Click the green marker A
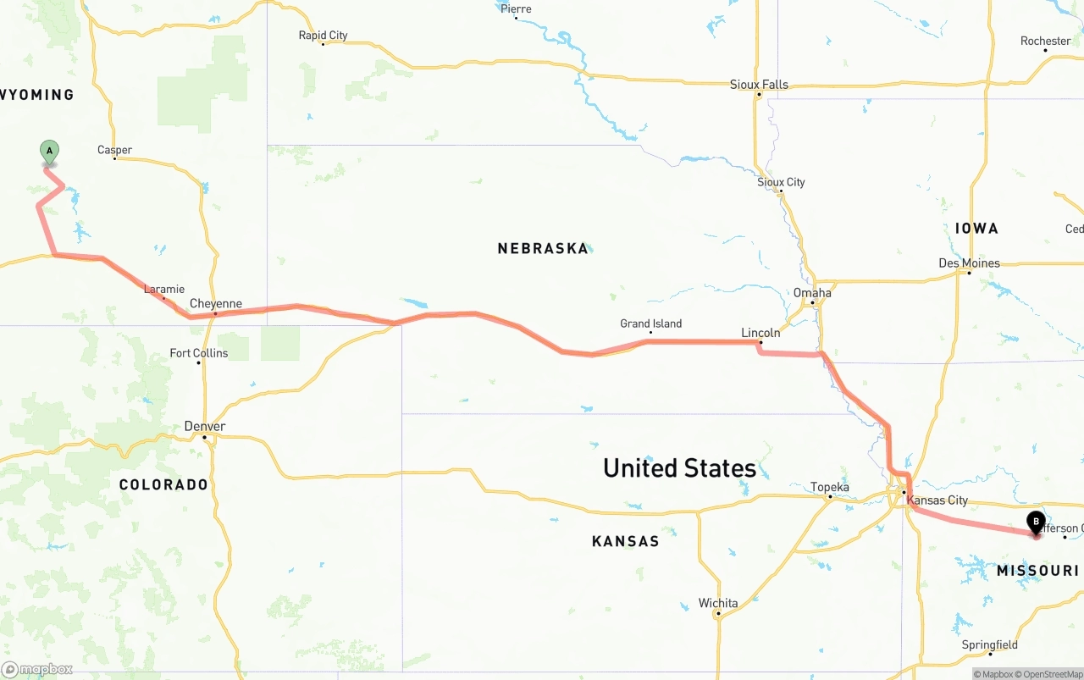(49, 152)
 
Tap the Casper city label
(114, 150)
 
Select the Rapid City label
(323, 36)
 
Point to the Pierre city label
(516, 9)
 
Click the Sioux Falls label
(759, 85)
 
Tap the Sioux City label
(781, 182)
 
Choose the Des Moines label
(969, 263)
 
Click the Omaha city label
(812, 292)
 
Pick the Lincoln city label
(760, 333)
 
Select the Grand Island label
(650, 323)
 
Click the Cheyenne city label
(215, 304)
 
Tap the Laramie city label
(163, 290)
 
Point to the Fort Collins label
(198, 353)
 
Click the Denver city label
(205, 427)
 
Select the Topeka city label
(829, 487)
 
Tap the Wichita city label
(717, 604)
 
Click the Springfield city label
(989, 645)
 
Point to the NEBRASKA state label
(542, 248)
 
